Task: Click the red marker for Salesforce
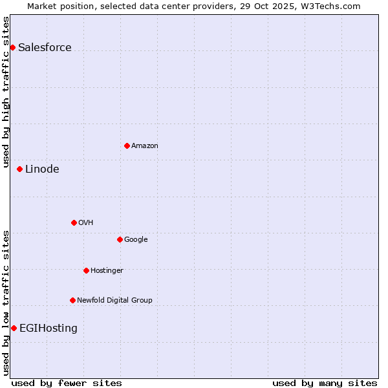coord(12,47)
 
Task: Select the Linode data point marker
coord(19,169)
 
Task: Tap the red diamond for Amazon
coord(127,145)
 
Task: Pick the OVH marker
coord(74,222)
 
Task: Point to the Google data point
coord(120,239)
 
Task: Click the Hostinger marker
coord(86,270)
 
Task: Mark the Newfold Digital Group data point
coord(72,300)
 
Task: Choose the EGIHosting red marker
coord(14,328)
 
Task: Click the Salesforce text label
coord(45,47)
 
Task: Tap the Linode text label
coord(42,169)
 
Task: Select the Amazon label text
coord(145,146)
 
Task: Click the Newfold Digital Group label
coord(114,300)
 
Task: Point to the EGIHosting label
coord(48,329)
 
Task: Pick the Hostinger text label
coord(107,270)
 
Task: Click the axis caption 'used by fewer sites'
coord(67,383)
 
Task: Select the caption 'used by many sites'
coord(325,383)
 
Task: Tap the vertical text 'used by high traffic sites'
coord(6,92)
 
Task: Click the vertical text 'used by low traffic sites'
coord(6,303)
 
